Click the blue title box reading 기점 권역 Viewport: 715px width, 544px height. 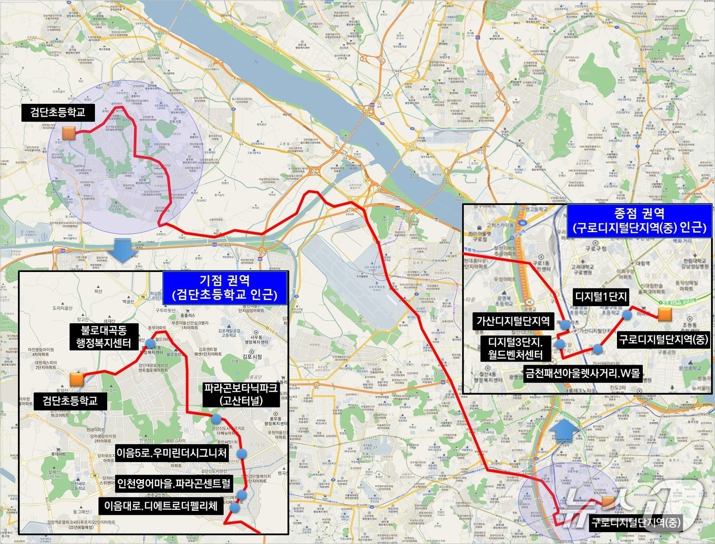click(225, 287)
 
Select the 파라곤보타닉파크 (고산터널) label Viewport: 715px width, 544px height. click(241, 394)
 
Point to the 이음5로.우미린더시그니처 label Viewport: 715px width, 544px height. click(172, 453)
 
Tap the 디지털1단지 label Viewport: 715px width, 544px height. click(601, 297)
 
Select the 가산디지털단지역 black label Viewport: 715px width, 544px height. click(513, 321)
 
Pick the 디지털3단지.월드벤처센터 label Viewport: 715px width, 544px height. click(515, 348)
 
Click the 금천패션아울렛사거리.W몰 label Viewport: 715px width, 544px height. click(582, 373)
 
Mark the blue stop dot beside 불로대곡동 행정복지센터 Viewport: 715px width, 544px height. click(150, 343)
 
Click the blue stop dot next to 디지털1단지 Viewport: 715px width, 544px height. click(627, 315)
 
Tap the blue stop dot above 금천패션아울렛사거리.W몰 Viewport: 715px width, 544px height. click(598, 350)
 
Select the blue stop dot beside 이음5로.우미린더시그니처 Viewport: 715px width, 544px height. click(242, 454)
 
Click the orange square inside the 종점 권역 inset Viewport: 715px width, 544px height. click(664, 314)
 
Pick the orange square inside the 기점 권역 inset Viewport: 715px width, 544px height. click(77, 379)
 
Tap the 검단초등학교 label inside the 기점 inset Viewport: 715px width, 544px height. click(70, 400)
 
